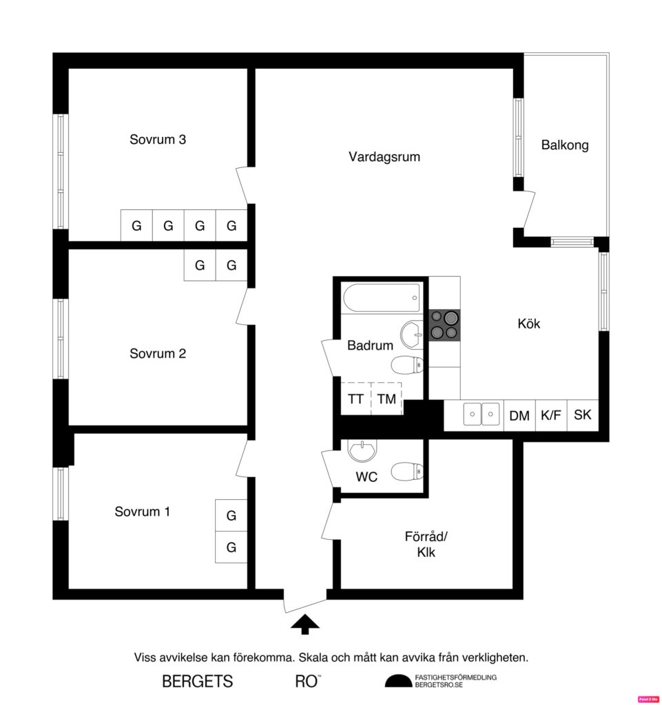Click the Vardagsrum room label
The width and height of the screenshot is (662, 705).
384,157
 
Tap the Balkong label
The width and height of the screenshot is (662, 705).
565,145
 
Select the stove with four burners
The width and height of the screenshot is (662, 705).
444,325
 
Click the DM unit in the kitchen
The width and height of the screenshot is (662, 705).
519,415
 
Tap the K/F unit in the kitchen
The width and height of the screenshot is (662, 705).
550,415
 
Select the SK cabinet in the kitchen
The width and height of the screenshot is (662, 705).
583,415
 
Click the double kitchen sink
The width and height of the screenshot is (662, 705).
481,414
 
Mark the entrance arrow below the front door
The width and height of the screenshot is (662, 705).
304,624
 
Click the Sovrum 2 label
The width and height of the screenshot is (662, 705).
158,354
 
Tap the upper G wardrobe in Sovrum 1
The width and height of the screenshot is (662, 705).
231,515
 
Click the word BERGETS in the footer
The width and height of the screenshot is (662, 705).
198,682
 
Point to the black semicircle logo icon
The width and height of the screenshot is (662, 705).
397,681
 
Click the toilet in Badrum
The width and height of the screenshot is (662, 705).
406,364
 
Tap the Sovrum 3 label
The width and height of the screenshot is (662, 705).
158,139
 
